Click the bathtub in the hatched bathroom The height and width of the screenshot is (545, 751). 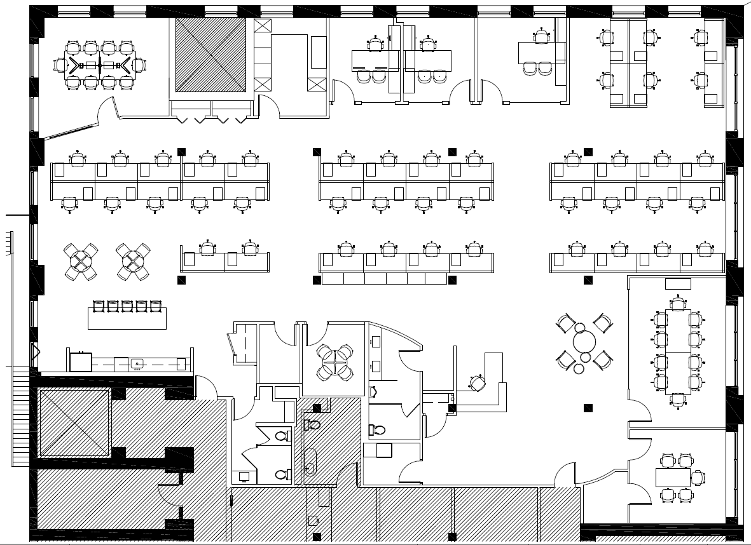(x=310, y=462)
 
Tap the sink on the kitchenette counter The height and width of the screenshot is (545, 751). (x=137, y=364)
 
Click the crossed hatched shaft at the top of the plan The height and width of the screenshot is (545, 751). (x=210, y=55)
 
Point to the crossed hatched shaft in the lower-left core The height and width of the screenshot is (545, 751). (x=74, y=423)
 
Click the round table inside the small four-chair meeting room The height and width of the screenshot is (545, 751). (x=334, y=361)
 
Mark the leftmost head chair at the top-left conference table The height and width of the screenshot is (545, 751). (x=61, y=65)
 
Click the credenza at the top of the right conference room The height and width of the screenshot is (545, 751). (x=677, y=283)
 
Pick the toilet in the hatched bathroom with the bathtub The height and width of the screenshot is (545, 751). (x=313, y=424)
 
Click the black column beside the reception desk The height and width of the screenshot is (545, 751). (x=452, y=408)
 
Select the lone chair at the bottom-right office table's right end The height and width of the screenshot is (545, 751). (x=698, y=476)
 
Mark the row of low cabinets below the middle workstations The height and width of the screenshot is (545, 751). (x=385, y=279)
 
